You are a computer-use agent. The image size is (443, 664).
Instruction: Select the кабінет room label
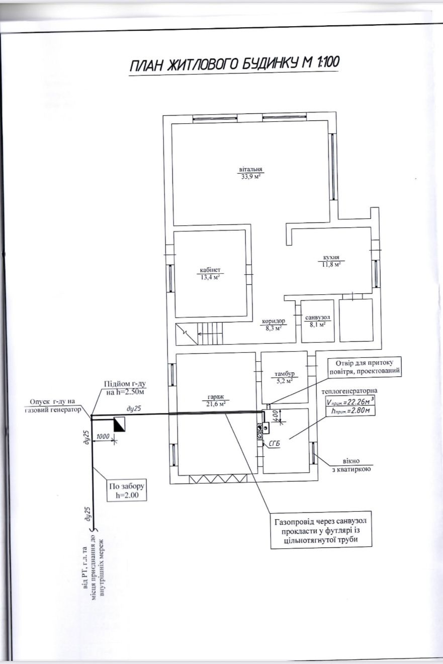210,270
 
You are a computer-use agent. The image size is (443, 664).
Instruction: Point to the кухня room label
331,258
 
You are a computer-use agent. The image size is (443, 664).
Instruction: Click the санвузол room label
318,317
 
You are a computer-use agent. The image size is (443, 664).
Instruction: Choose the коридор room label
274,321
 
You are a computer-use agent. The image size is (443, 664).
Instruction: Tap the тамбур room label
285,374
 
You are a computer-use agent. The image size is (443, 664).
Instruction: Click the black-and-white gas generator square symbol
119,424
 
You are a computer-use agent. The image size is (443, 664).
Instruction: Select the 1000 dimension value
103,436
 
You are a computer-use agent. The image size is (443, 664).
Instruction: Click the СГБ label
275,444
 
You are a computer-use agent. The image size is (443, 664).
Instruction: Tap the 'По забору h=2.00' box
127,490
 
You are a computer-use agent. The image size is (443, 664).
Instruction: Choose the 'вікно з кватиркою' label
351,465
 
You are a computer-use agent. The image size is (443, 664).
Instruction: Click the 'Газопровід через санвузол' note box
321,530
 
